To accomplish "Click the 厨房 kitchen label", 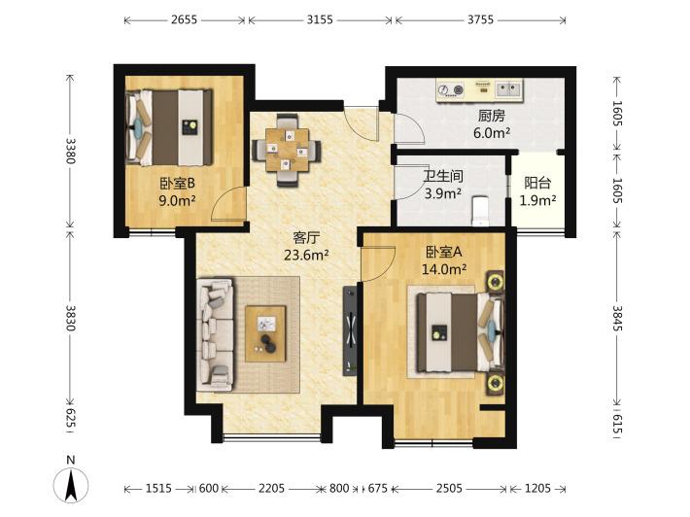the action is pos(492,116).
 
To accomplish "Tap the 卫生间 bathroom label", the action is pos(443,177).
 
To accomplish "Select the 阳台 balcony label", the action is pos(537,183).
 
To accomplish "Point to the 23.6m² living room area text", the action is pos(306,255).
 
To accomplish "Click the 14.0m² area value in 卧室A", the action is pos(444,268).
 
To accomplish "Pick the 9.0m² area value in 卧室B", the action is pos(177,200).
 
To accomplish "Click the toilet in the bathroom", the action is pos(480,211).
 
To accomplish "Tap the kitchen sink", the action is pos(508,89).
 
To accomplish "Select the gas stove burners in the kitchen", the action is pos(451,90).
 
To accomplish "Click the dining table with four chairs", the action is pos(287,151).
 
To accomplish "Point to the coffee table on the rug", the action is pos(265,333).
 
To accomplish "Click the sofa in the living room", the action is pos(215,334).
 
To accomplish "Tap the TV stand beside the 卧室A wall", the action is pos(350,330).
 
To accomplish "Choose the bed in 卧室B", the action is pos(169,127).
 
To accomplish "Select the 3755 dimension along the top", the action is pos(480,19).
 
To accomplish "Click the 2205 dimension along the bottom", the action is pos(271,489).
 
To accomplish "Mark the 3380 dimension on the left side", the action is pos(70,151).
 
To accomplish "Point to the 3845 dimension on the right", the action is pos(617,319).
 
